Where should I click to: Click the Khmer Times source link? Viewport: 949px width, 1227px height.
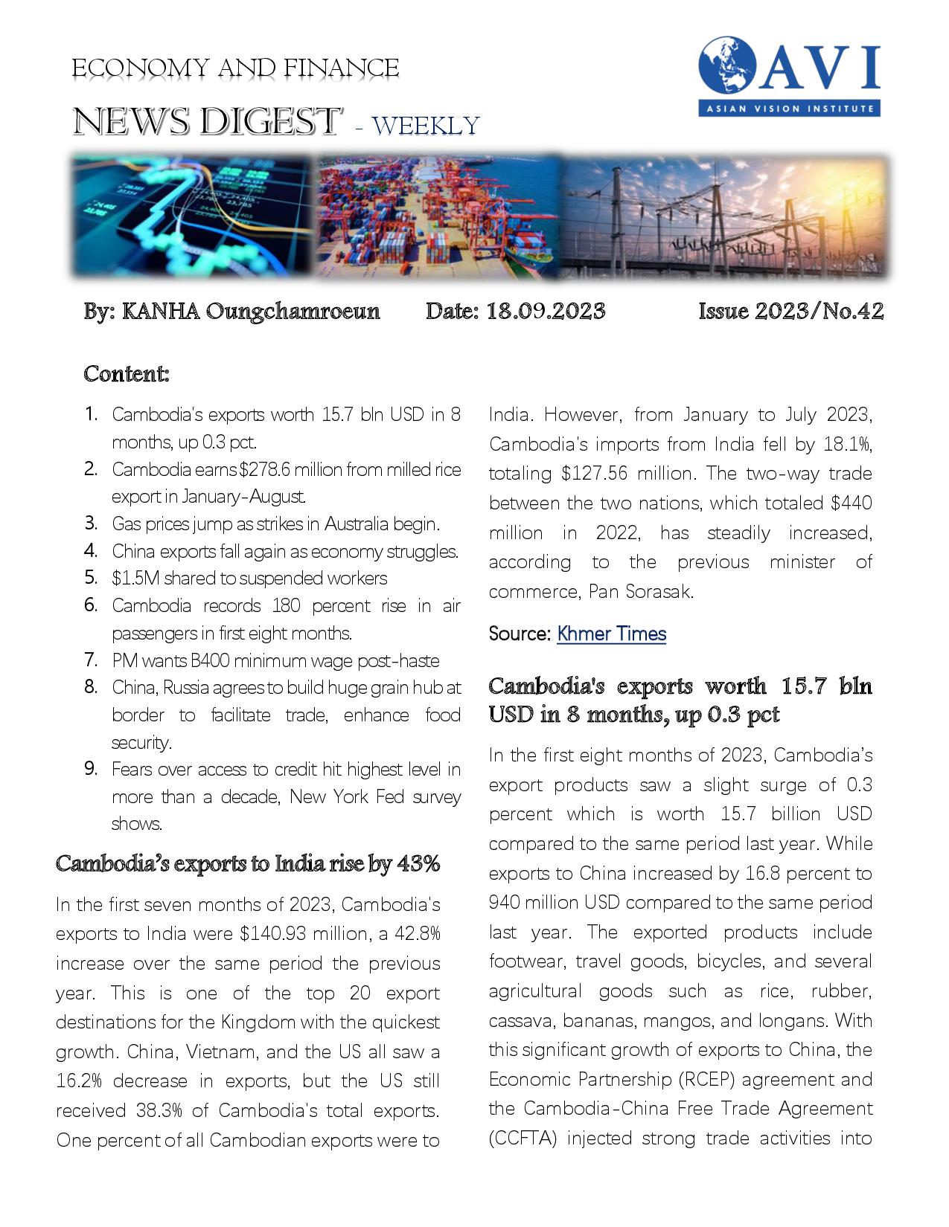pyautogui.click(x=611, y=634)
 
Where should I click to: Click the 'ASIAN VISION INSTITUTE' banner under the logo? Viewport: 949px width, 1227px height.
pyautogui.click(x=790, y=109)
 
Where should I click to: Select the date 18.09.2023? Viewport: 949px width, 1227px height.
pyautogui.click(x=546, y=311)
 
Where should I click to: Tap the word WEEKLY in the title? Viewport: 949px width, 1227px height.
pyautogui.click(x=426, y=125)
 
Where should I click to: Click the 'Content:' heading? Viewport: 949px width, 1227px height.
pyautogui.click(x=127, y=373)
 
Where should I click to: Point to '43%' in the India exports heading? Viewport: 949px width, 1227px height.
pyautogui.click(x=419, y=863)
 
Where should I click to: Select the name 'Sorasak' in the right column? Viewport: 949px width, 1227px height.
pyautogui.click(x=662, y=592)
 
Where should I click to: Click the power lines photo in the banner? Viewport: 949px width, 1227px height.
pyautogui.click(x=722, y=216)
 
